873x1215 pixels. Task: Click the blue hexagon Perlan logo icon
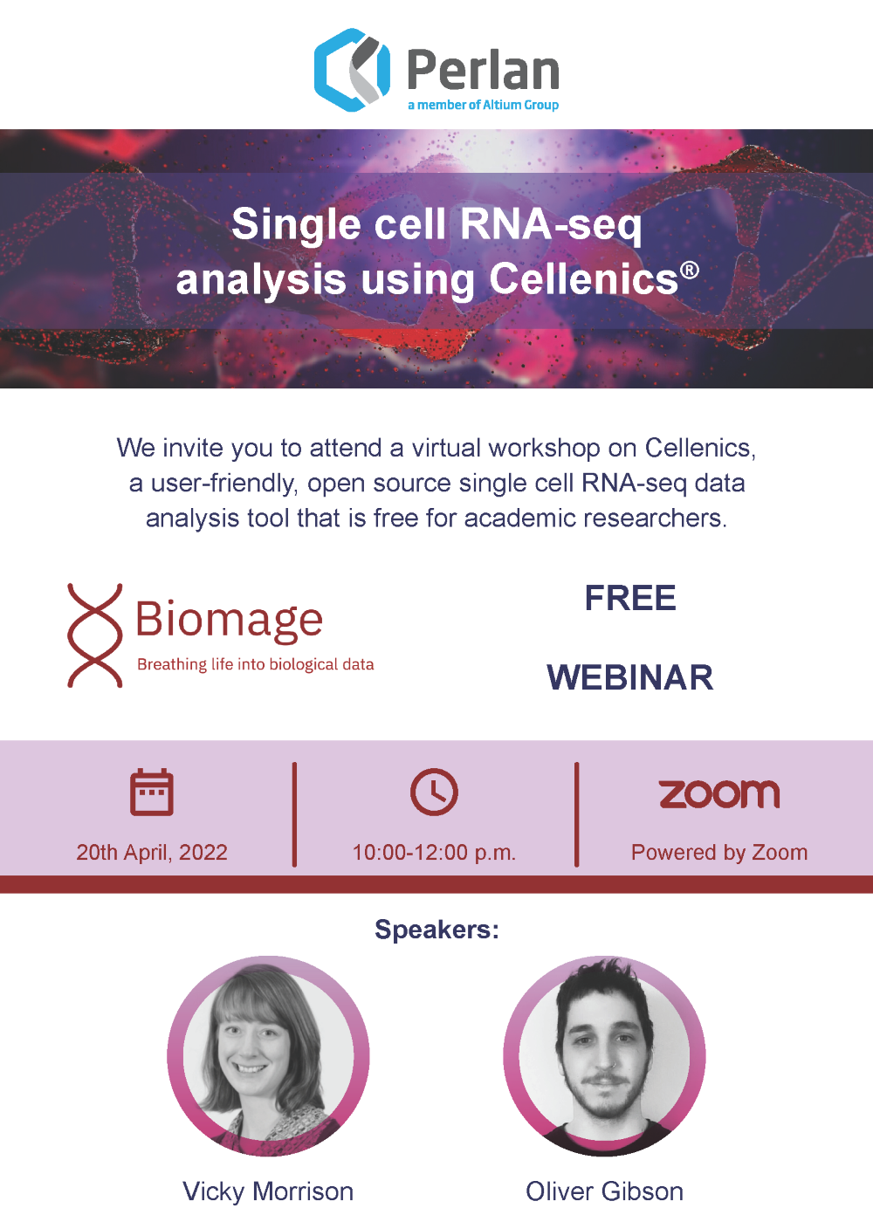pos(352,70)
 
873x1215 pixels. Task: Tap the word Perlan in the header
pos(483,70)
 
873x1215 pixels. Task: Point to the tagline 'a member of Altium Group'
pos(483,105)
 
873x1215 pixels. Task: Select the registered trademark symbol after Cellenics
pos(689,270)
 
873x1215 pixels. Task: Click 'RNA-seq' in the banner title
pos(551,224)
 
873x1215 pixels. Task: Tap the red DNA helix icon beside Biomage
pos(95,635)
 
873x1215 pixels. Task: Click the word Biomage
pos(229,620)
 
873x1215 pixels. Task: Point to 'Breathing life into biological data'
pos(256,664)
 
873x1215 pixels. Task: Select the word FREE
pos(630,598)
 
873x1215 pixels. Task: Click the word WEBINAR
pos(630,677)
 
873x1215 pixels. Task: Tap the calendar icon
pos(152,792)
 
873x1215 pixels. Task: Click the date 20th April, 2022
pos(152,852)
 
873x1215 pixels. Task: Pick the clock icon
pos(434,792)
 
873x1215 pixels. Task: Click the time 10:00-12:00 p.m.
pos(434,852)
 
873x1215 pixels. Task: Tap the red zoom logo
pos(719,794)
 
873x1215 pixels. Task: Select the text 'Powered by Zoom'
pos(719,853)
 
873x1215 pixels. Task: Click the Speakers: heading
pos(436,930)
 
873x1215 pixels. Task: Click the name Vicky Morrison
pos(268,1191)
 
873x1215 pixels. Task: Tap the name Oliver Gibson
pos(604,1191)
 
